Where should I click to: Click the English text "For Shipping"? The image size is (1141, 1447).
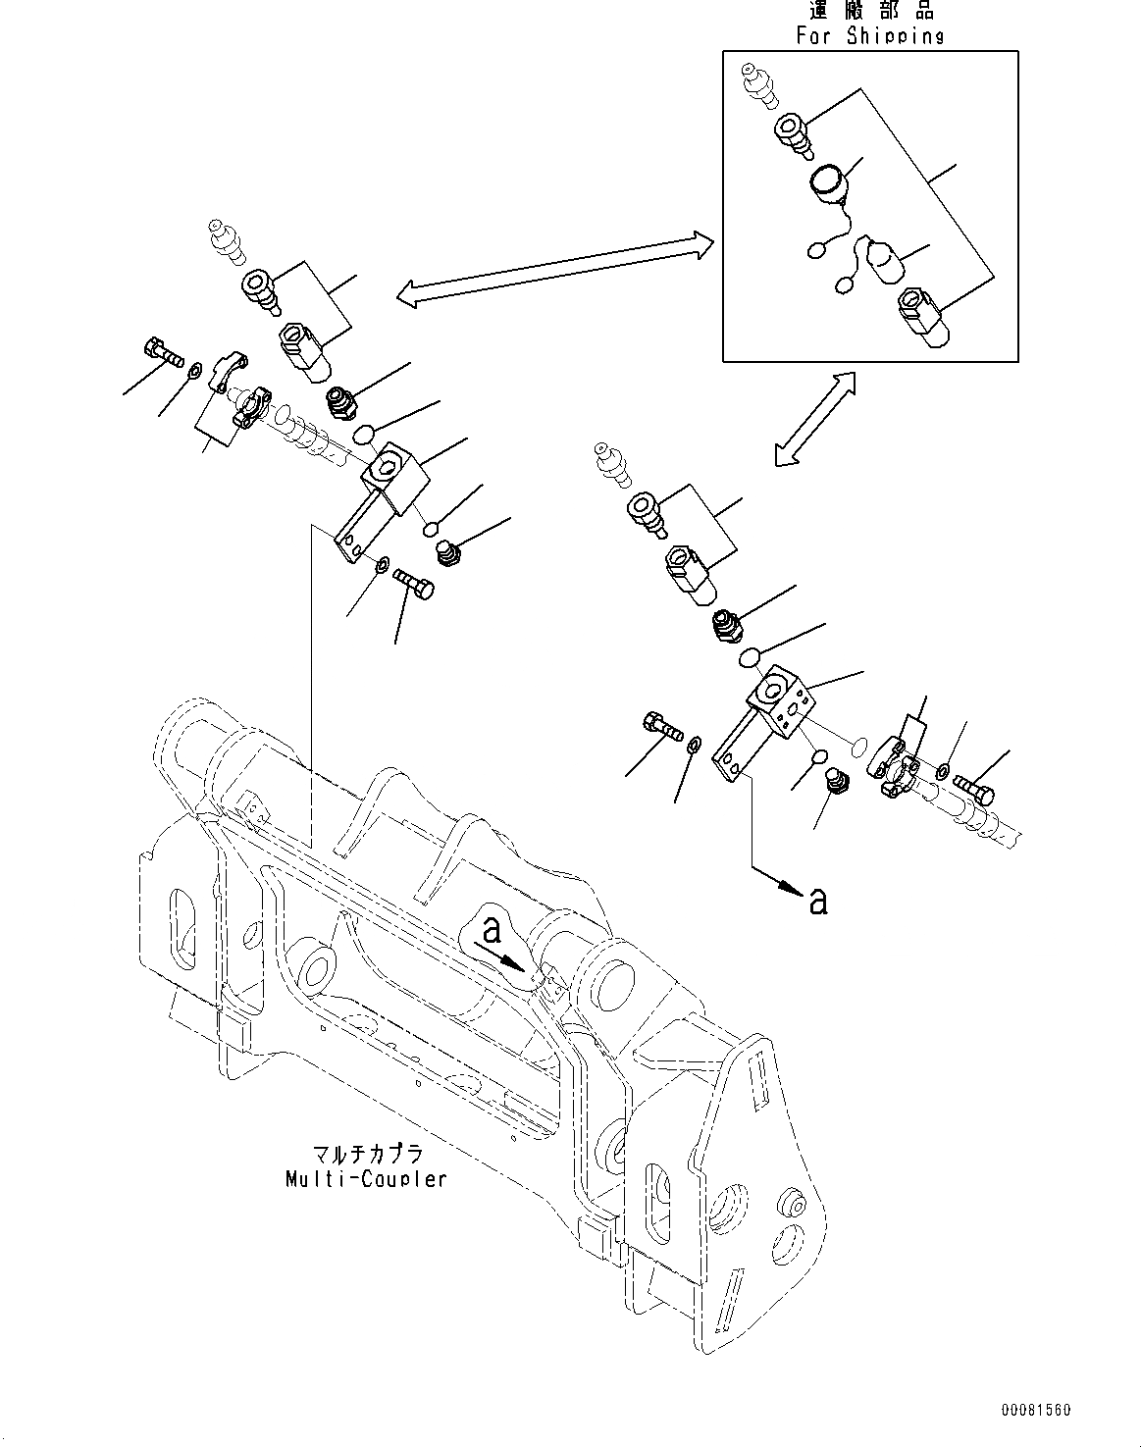pyautogui.click(x=870, y=36)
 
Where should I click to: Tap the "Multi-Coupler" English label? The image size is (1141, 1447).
pyautogui.click(x=366, y=1178)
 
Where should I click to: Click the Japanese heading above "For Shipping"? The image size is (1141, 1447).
pyautogui.click(x=870, y=11)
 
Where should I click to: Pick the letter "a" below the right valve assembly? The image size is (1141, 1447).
pyautogui.click(x=816, y=901)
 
